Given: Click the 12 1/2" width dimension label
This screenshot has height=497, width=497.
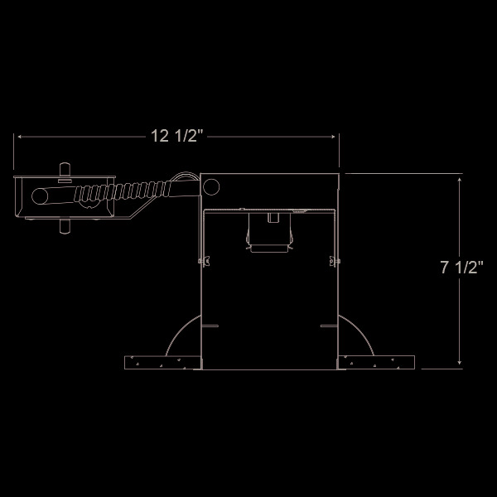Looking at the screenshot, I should click(x=176, y=137).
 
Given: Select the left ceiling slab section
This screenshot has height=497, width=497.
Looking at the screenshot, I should click(x=161, y=363).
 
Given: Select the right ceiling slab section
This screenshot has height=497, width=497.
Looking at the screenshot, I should click(x=377, y=363).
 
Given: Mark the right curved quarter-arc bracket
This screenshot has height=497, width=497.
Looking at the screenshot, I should click(x=352, y=335).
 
